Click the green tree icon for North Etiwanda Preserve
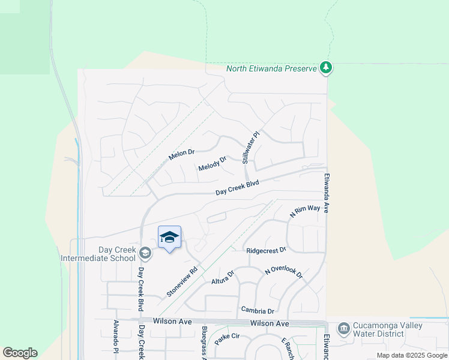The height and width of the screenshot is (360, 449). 326,68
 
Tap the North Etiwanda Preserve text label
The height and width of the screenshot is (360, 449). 271,68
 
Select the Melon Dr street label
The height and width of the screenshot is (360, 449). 182,154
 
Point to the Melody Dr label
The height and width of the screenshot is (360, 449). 212,164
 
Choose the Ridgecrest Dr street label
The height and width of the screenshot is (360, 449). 266,250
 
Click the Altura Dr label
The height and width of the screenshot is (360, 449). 223,277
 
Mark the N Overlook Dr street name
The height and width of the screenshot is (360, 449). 284,272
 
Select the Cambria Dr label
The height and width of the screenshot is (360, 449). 258,311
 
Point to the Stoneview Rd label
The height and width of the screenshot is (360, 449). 182,283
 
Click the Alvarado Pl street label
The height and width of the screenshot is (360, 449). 116,340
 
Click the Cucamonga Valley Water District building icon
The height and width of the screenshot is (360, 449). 343,328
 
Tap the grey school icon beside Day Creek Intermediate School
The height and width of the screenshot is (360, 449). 145,253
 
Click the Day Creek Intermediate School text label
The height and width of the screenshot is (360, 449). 99,254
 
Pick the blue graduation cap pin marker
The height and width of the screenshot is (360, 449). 169,238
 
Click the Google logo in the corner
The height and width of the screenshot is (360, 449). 20,353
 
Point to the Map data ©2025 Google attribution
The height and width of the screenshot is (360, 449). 412,355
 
